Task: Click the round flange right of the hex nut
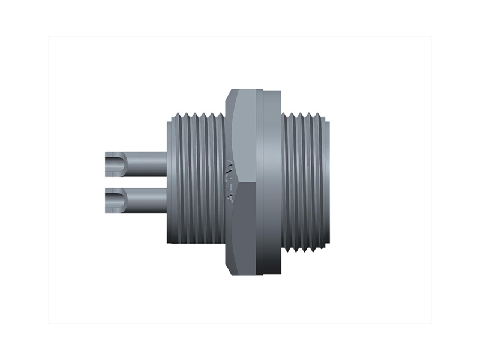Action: pyautogui.click(x=271, y=180)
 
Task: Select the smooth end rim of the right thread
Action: pyautogui.click(x=325, y=180)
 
